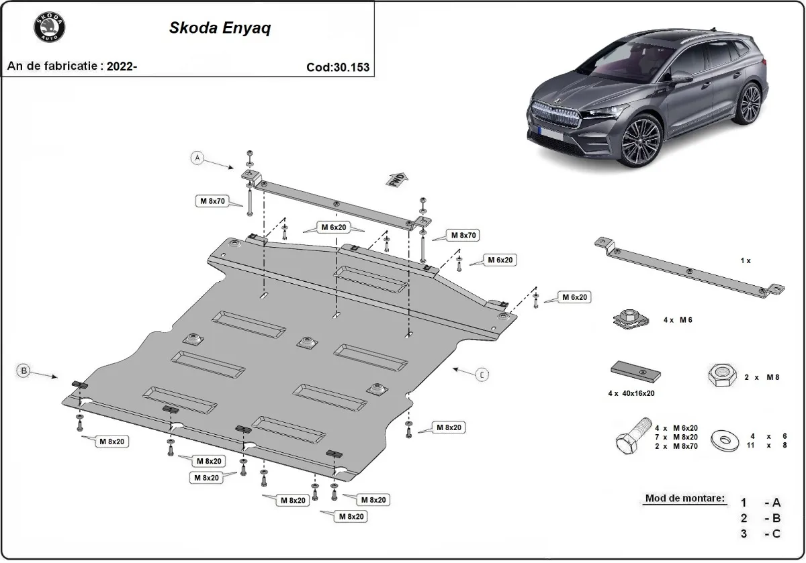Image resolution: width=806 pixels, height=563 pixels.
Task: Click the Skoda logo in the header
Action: [x=49, y=29]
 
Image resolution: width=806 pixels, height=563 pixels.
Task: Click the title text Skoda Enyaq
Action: [x=220, y=29]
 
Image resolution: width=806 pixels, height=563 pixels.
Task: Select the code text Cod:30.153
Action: [x=338, y=67]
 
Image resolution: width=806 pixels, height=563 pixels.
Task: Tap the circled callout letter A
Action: [x=197, y=158]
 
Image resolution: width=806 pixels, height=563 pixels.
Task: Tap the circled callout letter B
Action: [x=24, y=370]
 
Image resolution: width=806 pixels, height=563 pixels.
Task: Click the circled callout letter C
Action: [x=482, y=374]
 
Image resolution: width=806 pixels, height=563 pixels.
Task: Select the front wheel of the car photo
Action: [x=640, y=140]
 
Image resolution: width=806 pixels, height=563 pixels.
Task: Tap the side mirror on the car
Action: [x=681, y=77]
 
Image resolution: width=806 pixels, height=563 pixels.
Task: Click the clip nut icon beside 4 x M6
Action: [x=629, y=319]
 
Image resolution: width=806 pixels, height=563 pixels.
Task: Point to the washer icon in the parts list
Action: [x=725, y=440]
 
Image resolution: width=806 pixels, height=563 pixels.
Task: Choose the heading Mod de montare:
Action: [x=685, y=498]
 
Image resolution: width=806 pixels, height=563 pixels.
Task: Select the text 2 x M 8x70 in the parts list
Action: [x=676, y=446]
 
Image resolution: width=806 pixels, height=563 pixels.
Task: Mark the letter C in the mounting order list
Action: [x=776, y=533]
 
